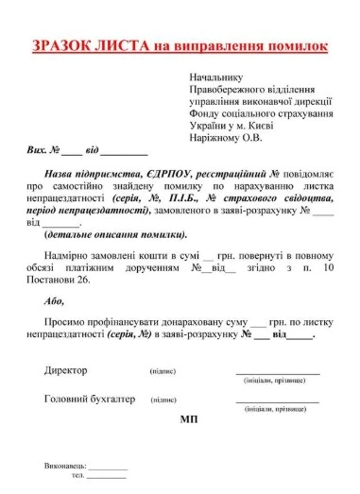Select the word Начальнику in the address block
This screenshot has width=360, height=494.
click(x=216, y=77)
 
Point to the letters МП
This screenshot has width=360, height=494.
click(x=187, y=417)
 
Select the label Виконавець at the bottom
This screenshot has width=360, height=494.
click(x=65, y=467)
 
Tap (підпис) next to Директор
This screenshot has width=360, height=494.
click(x=163, y=371)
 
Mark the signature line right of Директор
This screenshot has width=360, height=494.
click(x=277, y=374)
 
